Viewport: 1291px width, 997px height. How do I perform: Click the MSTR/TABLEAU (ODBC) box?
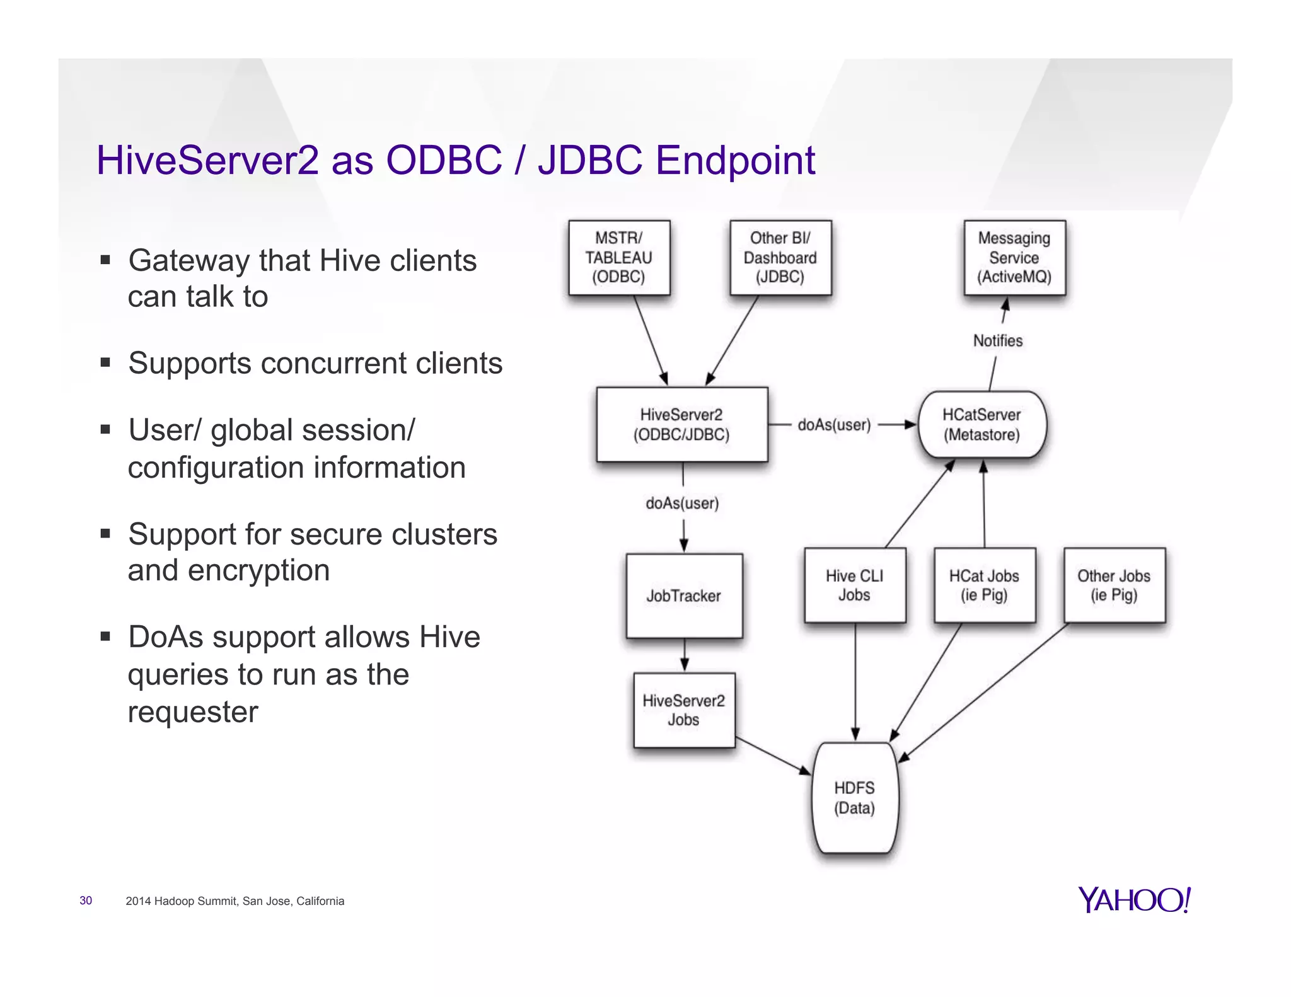coord(618,257)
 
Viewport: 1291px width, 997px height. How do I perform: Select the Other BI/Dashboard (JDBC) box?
coord(780,257)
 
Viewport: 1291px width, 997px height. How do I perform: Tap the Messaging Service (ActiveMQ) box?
coord(1014,257)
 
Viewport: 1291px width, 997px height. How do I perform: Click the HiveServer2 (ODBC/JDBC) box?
coord(681,424)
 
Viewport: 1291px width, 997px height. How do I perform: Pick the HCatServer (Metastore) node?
coord(981,424)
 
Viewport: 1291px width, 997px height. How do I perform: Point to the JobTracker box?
coord(684,596)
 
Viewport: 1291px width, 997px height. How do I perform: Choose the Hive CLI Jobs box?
coord(854,585)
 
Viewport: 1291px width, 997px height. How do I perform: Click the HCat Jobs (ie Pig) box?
coord(984,585)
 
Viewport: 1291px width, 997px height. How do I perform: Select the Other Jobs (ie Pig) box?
coord(1114,585)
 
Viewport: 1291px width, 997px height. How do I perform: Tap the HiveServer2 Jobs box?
coord(684,710)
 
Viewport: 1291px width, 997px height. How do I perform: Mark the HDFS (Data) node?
coord(854,798)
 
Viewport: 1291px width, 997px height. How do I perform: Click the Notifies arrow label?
coord(998,341)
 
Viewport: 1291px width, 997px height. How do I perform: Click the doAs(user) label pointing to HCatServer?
coord(834,425)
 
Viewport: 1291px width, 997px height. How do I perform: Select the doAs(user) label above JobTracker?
coord(682,503)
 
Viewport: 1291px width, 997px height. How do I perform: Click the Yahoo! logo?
coord(1133,899)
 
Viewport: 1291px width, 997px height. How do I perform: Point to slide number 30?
coord(86,901)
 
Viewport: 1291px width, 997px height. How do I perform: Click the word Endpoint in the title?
coord(735,160)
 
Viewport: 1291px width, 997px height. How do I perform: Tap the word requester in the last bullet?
coord(193,712)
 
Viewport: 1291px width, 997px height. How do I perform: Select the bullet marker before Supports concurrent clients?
coord(105,362)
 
